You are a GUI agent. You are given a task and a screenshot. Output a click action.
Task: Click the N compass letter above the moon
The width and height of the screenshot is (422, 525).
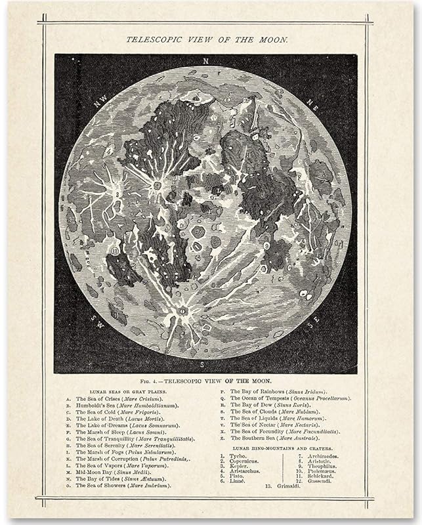coord(205,61)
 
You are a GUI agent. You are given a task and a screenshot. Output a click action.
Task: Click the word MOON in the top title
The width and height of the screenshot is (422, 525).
coord(270,39)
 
